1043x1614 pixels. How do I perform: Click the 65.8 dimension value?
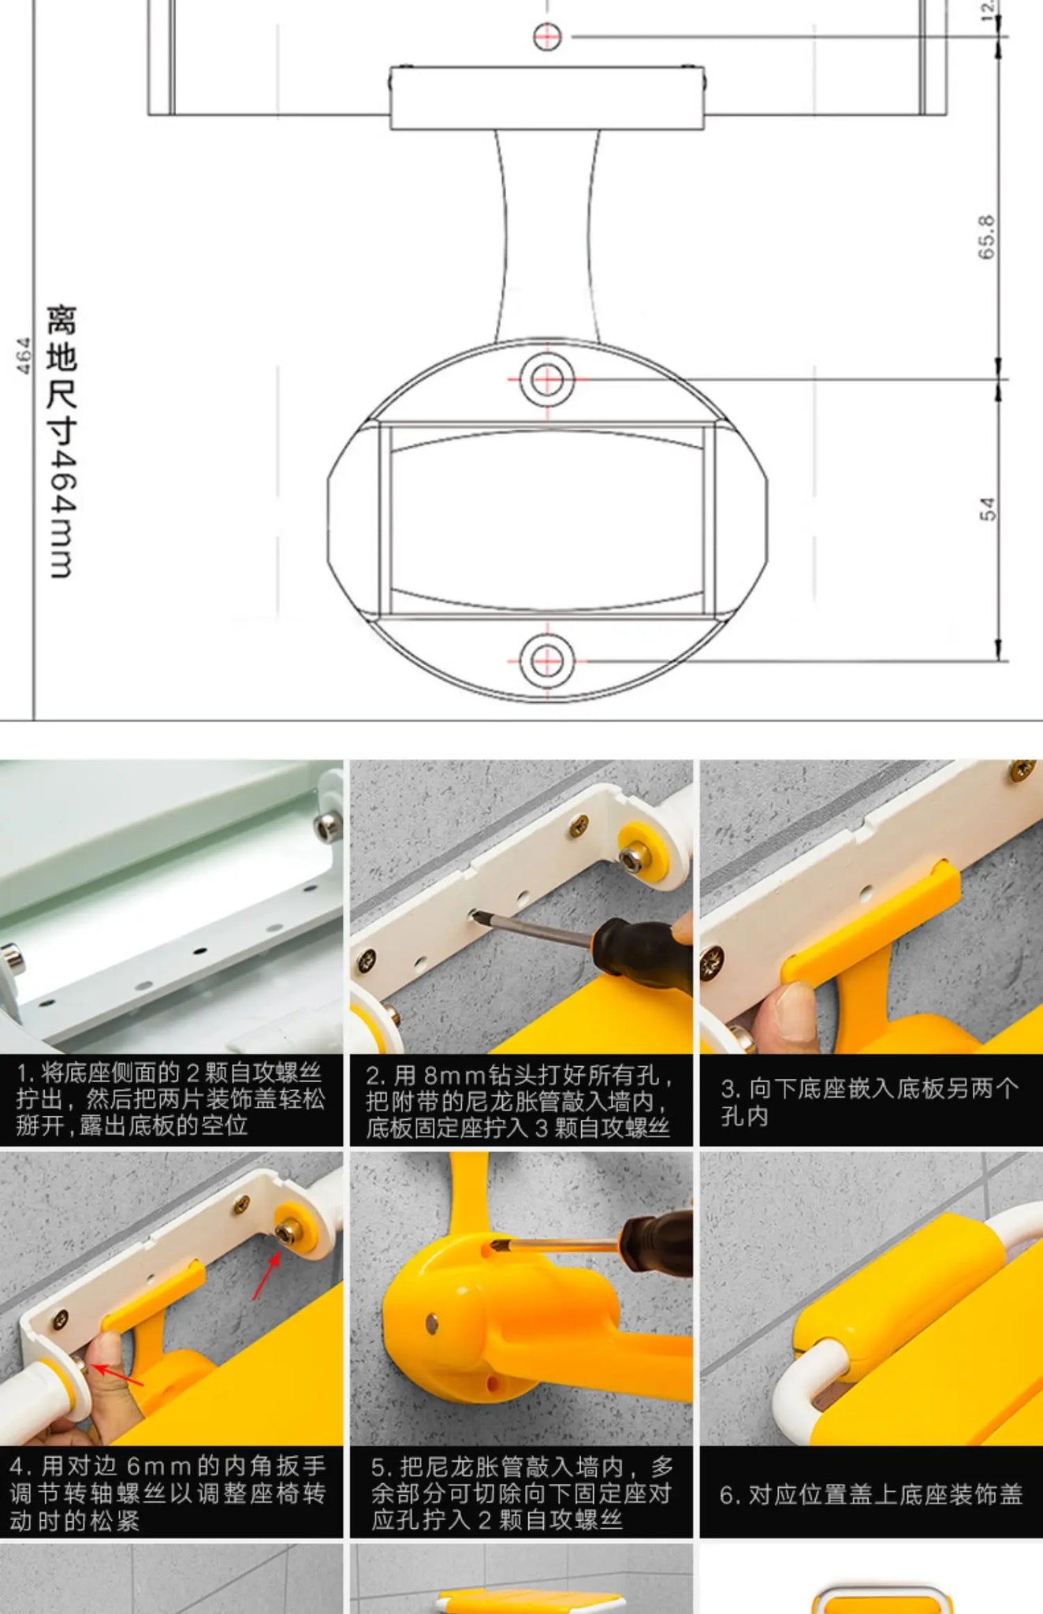[986, 236]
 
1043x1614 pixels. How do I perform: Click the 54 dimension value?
[987, 509]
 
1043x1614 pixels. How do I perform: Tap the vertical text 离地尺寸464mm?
[61, 441]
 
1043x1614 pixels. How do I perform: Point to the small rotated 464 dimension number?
[24, 355]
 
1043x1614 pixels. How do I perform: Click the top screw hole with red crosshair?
[547, 36]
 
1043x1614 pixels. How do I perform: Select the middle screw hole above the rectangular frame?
[547, 380]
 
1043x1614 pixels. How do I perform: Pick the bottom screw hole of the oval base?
[547, 660]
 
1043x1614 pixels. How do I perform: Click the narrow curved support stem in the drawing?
[547, 236]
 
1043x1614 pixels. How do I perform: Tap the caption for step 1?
[170, 1099]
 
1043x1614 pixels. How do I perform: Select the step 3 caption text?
[870, 1102]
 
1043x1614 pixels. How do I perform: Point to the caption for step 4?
[168, 1493]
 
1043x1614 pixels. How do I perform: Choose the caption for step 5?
[522, 1493]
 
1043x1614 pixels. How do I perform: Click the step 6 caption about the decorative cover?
[871, 1494]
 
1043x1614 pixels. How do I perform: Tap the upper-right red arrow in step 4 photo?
[266, 1275]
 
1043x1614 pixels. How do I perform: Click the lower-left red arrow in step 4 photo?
[118, 1376]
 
